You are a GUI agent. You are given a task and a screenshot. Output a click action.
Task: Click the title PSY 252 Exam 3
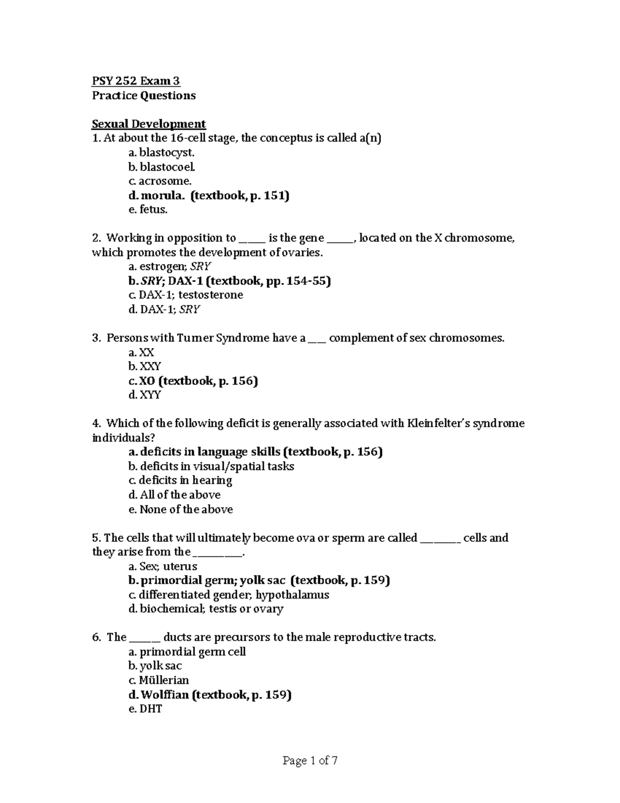136,81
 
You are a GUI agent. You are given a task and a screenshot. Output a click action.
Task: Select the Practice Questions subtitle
144,96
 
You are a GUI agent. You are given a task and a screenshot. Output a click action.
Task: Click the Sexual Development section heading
149,124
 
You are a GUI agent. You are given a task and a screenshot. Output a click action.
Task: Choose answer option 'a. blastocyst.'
162,153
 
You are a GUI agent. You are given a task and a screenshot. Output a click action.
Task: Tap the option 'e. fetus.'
148,209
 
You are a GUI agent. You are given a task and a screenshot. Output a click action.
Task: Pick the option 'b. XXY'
145,367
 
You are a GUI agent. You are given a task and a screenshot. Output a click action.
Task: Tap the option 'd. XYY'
145,395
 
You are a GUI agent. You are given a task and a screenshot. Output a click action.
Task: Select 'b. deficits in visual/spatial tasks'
211,466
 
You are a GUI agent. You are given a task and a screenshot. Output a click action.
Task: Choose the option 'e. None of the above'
180,509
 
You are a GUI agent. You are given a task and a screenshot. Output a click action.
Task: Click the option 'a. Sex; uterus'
163,566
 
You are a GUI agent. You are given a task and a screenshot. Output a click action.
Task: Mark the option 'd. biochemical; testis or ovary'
206,609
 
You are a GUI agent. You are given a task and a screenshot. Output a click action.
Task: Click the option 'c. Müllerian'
159,680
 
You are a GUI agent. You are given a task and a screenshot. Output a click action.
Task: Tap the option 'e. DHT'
145,709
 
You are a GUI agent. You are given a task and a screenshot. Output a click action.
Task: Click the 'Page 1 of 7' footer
310,761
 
